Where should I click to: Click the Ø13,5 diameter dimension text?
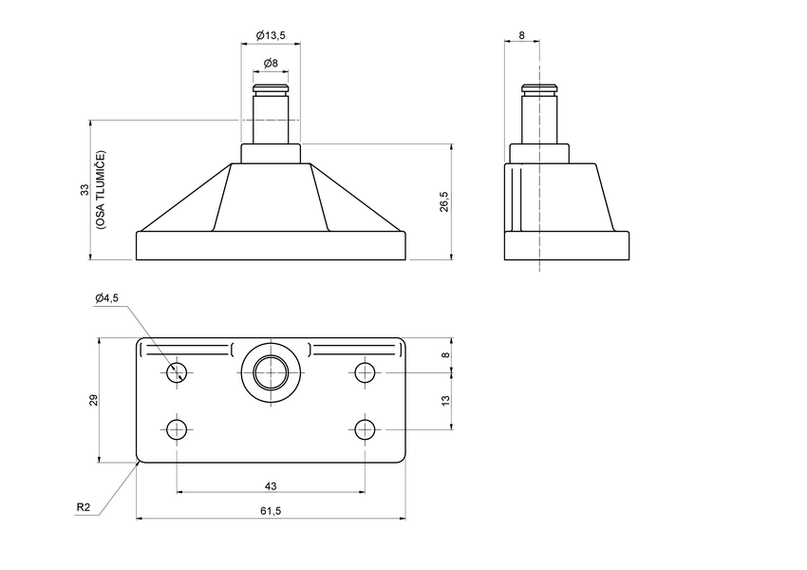[x=271, y=35]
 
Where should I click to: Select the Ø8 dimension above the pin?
[x=271, y=63]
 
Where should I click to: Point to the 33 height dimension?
[x=84, y=190]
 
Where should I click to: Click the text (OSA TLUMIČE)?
[x=100, y=190]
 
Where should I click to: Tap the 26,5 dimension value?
[x=443, y=201]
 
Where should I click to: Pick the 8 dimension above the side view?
[x=521, y=35]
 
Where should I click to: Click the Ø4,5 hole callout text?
[x=106, y=298]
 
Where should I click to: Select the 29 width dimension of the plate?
[x=93, y=400]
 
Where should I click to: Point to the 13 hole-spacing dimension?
[x=445, y=401]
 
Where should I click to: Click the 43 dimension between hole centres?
[x=271, y=485]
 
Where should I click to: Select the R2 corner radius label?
[x=84, y=507]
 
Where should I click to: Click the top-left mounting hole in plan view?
[x=176, y=371]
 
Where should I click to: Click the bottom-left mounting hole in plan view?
[x=176, y=429]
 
